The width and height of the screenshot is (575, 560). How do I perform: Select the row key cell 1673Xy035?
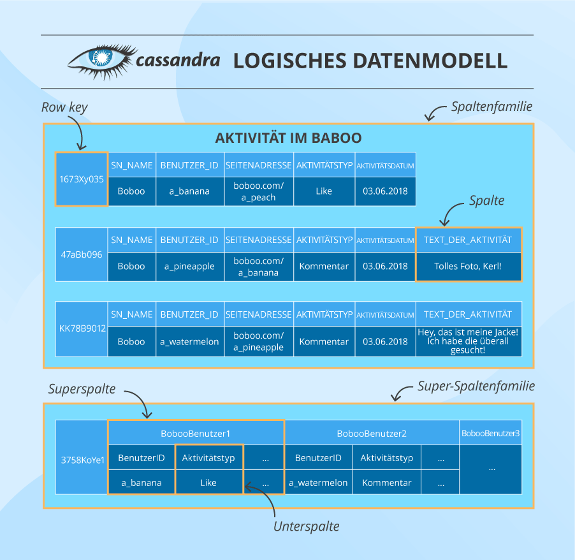pos(81,179)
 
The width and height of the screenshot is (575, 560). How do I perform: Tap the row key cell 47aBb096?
pos(81,254)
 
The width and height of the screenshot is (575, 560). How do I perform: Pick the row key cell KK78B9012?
pos(81,328)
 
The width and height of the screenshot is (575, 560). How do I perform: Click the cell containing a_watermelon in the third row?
pos(189,341)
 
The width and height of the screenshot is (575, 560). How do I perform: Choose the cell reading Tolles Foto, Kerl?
pos(468,266)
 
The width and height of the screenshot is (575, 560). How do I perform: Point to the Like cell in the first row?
pos(324,191)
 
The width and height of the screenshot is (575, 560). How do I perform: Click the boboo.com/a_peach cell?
pos(258,191)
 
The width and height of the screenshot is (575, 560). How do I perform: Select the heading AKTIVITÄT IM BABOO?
pos(289,138)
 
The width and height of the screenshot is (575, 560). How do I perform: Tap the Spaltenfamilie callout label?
pos(491,107)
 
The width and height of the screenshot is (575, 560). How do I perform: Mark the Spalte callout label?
pos(486,200)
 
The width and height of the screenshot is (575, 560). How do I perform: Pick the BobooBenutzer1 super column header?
pos(196,434)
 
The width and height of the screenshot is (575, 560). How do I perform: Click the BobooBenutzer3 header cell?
pos(490,434)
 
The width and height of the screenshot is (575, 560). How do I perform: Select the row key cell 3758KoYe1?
pos(81,458)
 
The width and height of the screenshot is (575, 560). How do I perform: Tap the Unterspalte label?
pos(306,526)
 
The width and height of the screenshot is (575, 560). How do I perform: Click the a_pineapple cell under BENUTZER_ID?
pos(189,267)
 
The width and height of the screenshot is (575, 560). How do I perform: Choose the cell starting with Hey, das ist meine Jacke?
pos(468,341)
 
